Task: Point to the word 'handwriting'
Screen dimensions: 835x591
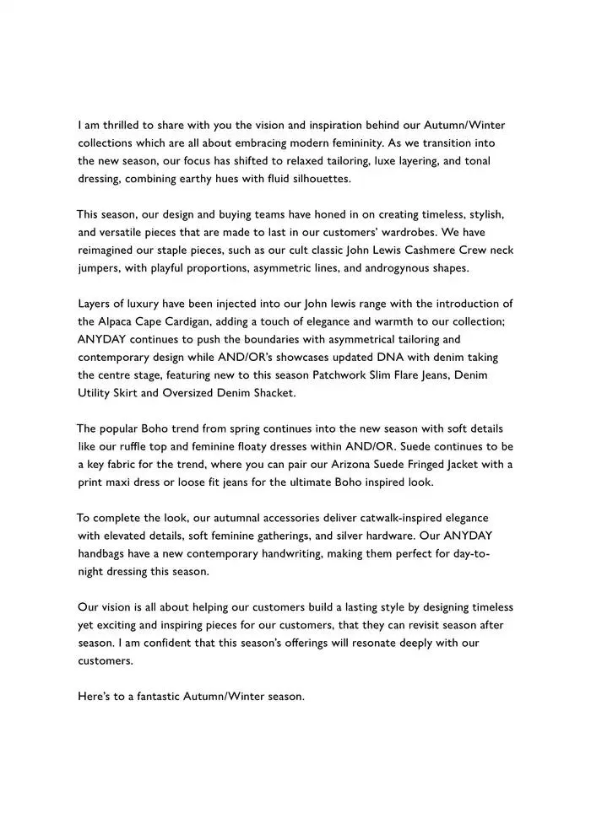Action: pos(292,553)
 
